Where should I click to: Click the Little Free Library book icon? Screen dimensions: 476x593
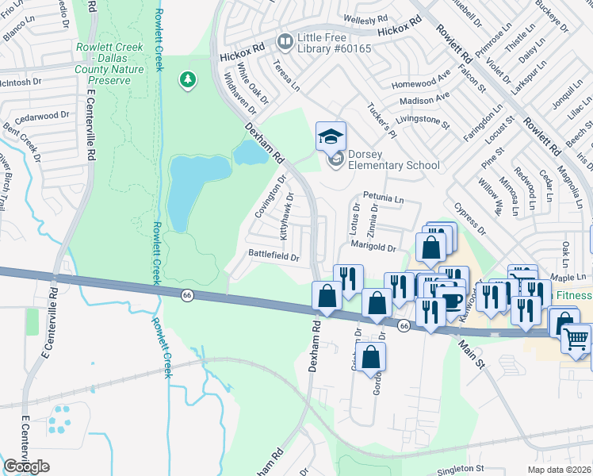(x=284, y=40)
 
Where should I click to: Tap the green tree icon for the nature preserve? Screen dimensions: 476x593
(x=188, y=80)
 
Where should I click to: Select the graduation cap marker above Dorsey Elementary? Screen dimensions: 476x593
(x=331, y=136)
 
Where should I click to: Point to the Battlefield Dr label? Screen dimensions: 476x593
(x=274, y=257)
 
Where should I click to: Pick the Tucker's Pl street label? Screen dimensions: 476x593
(x=381, y=118)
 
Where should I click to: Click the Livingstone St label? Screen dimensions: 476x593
(x=423, y=123)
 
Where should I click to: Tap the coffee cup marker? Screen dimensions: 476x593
(x=453, y=301)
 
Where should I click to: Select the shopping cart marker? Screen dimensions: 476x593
(x=576, y=339)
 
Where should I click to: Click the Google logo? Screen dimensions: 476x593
(x=26, y=466)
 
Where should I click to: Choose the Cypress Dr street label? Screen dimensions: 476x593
(x=469, y=218)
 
